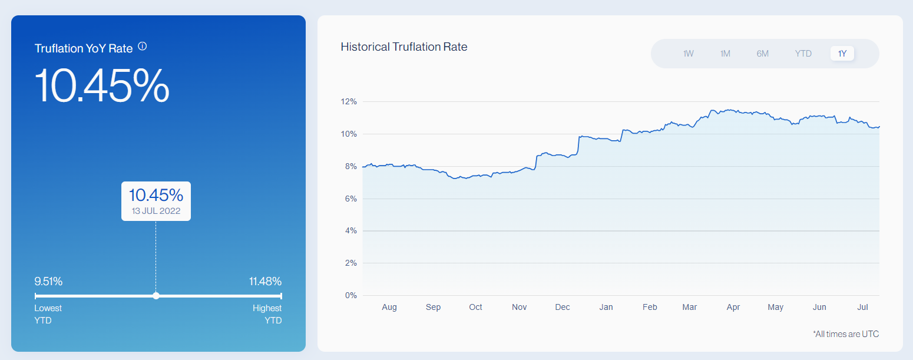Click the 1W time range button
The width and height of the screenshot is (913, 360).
[x=688, y=54]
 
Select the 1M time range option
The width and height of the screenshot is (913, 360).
[x=725, y=54]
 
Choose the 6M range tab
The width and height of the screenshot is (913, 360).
[x=763, y=54]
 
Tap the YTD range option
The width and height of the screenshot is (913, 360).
[x=803, y=54]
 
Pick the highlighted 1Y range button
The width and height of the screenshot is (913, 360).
[x=842, y=54]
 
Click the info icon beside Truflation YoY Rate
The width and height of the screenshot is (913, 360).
[x=142, y=47]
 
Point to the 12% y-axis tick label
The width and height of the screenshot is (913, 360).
[x=349, y=102]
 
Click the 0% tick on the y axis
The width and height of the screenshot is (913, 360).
[x=351, y=295]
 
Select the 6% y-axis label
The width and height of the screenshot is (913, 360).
[x=351, y=199]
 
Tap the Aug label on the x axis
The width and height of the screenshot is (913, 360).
[x=389, y=307]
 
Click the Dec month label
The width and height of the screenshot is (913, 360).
[x=563, y=307]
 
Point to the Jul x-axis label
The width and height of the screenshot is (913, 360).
[x=863, y=307]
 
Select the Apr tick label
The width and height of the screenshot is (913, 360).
[x=733, y=307]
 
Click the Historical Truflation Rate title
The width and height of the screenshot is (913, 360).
[x=404, y=47]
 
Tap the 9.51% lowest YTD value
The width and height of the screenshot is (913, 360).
[x=48, y=281]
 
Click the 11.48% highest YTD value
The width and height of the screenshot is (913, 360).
[x=265, y=281]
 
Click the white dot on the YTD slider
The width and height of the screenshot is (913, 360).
[x=156, y=296]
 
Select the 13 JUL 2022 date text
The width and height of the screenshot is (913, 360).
[x=156, y=210]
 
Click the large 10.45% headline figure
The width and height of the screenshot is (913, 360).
[x=102, y=85]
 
